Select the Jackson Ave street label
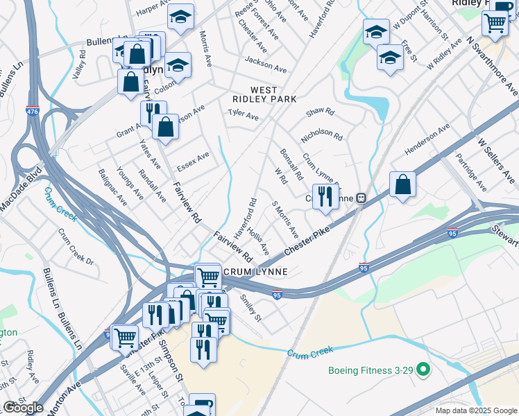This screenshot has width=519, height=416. tap(265, 69)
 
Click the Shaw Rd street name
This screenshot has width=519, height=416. tap(320, 111)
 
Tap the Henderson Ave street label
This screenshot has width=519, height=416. tap(427, 137)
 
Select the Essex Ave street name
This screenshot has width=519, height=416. tap(193, 162)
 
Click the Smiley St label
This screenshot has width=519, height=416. tap(250, 309)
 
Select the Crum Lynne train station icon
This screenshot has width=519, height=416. tap(361, 198)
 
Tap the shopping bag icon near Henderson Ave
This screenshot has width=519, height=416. tap(402, 184)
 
